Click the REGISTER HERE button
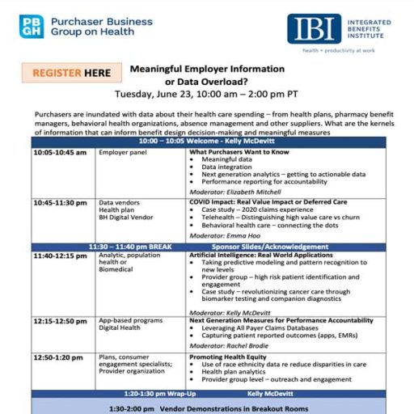(72, 73)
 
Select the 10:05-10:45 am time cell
(60, 152)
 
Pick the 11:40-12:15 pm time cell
(61, 256)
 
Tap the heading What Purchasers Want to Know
(239, 152)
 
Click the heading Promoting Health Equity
(230, 356)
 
